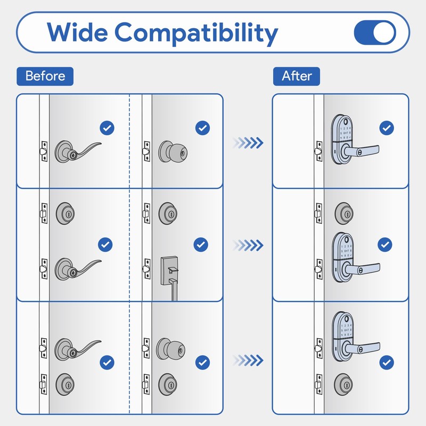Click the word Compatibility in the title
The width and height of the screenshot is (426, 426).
tap(196, 33)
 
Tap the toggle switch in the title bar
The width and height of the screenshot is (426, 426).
tap(375, 33)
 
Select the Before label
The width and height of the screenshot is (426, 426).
tap(45, 76)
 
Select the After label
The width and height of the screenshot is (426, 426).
tap(297, 76)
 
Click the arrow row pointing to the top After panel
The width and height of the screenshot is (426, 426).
tap(248, 142)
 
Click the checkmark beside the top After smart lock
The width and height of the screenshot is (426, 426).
tap(387, 128)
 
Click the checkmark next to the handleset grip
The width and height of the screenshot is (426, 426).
tap(200, 244)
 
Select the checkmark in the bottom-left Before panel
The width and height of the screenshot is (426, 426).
tap(108, 363)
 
